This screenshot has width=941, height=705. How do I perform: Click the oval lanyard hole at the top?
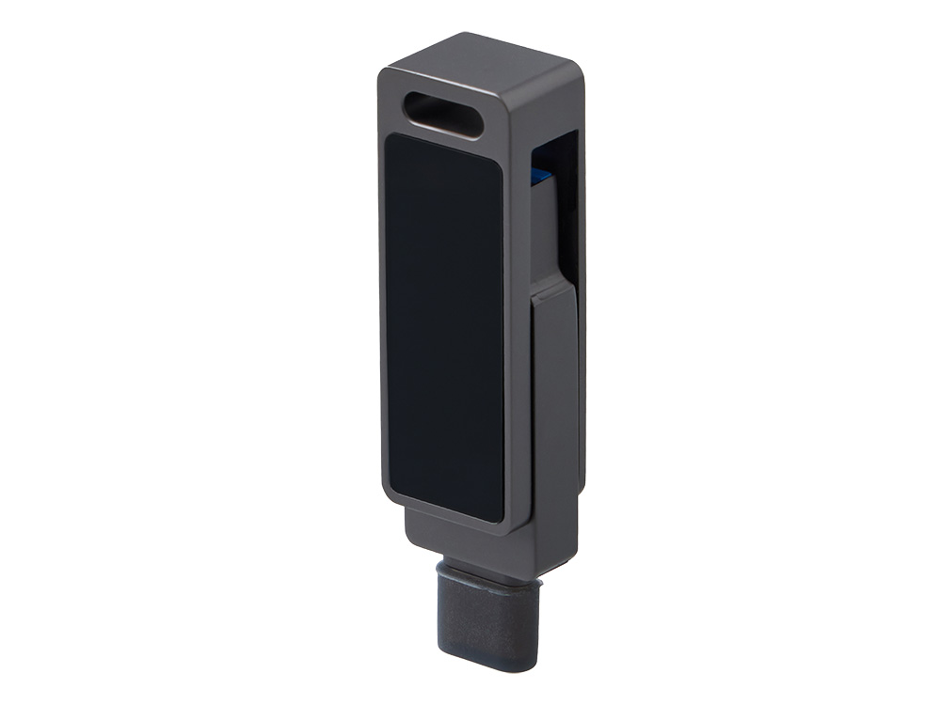[x=442, y=115]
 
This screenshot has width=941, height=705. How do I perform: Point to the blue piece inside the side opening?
[x=540, y=176]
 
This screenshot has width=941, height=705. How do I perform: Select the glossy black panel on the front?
[x=444, y=324]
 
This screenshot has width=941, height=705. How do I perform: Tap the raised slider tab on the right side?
[x=555, y=395]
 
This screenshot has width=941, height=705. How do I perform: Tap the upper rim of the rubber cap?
[x=489, y=574]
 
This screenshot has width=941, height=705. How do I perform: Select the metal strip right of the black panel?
[x=516, y=338]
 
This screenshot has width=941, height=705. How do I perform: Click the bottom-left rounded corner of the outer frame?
[x=388, y=498]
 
